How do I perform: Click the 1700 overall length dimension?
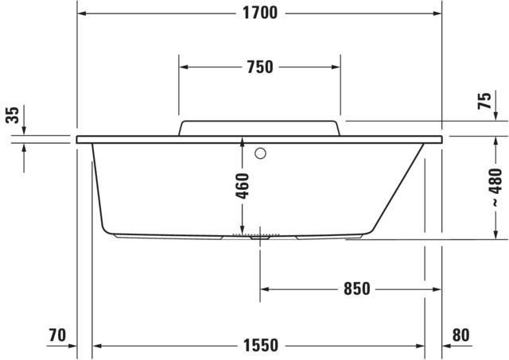click(260, 13)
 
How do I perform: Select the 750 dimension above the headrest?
click(260, 67)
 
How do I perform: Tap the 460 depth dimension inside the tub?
click(242, 186)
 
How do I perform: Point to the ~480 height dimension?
click(495, 188)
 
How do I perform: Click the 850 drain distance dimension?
click(357, 288)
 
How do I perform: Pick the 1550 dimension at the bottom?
click(261, 346)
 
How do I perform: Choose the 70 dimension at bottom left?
click(57, 335)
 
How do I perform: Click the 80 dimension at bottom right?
click(460, 335)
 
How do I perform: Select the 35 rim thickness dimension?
click(13, 114)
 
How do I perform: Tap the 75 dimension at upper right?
click(484, 101)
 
